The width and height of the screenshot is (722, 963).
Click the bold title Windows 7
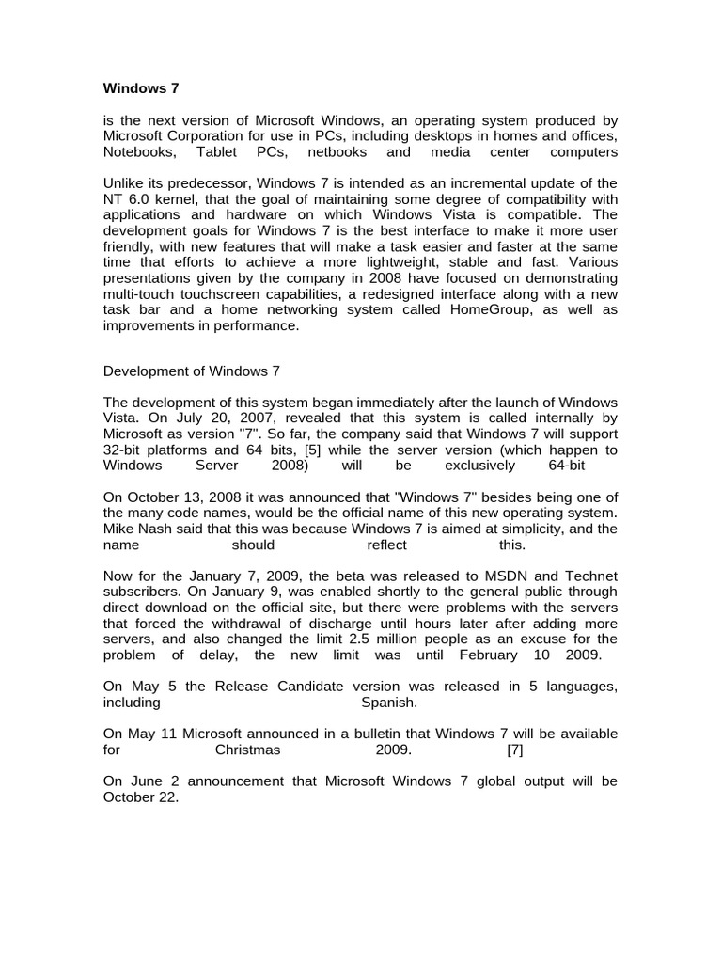pyautogui.click(x=140, y=89)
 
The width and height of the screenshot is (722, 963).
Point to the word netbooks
pyautogui.click(x=336, y=151)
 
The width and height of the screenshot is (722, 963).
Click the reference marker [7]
pyautogui.click(x=514, y=750)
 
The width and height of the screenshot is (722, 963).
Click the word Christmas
pyautogui.click(x=248, y=750)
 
